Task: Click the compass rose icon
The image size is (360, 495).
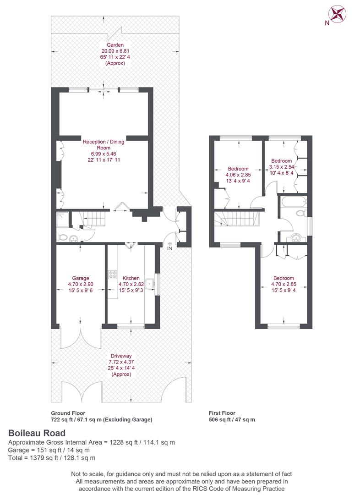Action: (337, 14)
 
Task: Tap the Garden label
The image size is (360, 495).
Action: (115, 45)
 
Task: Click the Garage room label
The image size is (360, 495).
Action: (81, 278)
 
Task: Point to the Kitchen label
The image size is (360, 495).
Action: (131, 278)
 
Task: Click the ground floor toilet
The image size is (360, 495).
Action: (61, 237)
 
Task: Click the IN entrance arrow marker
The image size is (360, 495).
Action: (170, 246)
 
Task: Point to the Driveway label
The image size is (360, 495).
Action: (121, 356)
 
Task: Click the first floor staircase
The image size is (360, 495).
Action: (237, 219)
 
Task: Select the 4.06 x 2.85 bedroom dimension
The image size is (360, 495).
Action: (238, 175)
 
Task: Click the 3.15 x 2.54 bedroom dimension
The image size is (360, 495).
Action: (281, 167)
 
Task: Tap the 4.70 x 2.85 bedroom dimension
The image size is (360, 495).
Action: (284, 284)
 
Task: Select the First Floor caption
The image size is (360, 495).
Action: (222, 413)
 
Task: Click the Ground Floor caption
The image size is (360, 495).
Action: (68, 413)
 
